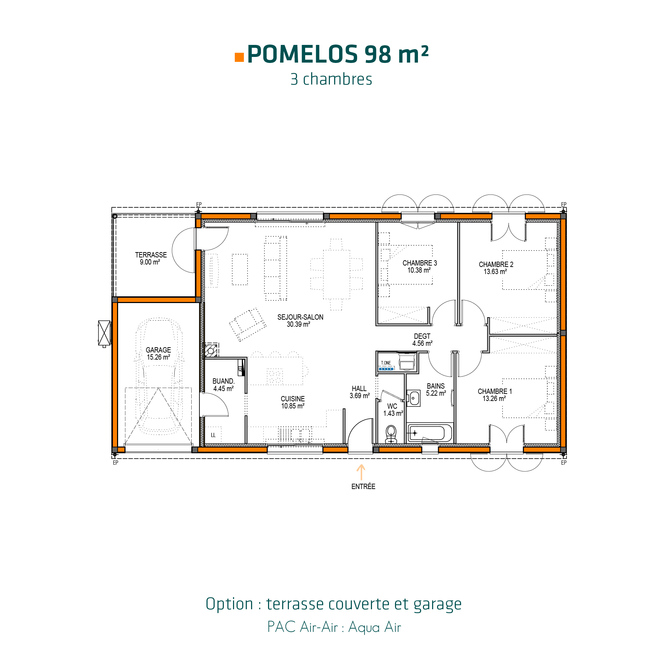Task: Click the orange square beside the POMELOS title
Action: click(x=239, y=57)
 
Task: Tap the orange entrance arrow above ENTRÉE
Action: click(x=361, y=472)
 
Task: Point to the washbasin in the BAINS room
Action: click(x=414, y=399)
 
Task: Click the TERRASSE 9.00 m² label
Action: click(x=151, y=258)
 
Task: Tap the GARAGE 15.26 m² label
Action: click(x=158, y=354)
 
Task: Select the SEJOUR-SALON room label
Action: click(x=300, y=321)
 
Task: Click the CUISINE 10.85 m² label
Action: click(x=293, y=402)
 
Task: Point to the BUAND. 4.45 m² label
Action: click(x=223, y=385)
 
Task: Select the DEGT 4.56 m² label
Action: click(x=422, y=340)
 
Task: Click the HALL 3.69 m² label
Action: click(x=360, y=392)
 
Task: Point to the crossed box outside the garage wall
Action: click(x=104, y=333)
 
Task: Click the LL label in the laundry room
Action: click(x=213, y=435)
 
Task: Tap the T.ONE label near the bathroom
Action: click(x=386, y=363)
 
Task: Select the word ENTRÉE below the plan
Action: click(x=363, y=487)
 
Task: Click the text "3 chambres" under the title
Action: click(x=331, y=79)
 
